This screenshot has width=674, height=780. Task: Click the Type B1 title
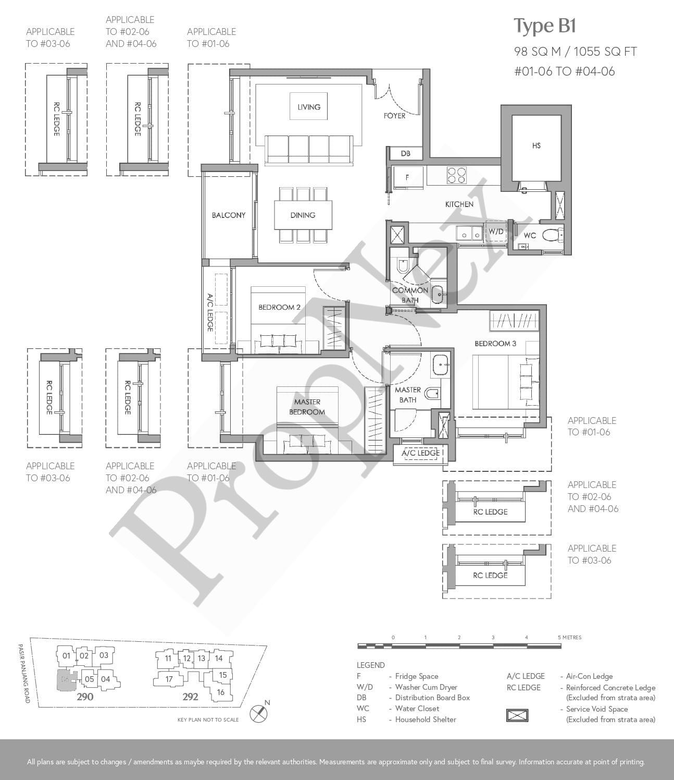tap(545, 27)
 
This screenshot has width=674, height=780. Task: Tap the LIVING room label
tap(309, 107)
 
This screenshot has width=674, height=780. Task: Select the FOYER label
tap(394, 116)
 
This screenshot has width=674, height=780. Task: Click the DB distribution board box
tap(406, 154)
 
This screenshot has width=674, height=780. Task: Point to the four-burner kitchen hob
tap(457, 175)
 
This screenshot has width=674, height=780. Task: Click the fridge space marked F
tap(407, 177)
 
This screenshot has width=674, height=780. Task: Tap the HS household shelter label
tap(536, 145)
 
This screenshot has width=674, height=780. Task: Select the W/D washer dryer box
tap(496, 231)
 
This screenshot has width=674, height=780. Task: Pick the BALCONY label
tap(229, 215)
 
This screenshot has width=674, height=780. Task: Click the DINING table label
tap(303, 215)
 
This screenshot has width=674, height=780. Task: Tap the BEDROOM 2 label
tap(279, 307)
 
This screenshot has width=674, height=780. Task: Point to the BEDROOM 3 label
tap(495, 344)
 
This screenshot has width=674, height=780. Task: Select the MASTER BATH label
tap(407, 395)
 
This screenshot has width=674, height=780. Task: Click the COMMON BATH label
tap(410, 295)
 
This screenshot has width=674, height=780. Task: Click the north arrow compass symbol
tap(259, 712)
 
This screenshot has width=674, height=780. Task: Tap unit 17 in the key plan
tap(169, 679)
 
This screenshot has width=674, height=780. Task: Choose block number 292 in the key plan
tap(190, 697)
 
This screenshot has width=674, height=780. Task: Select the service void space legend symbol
tap(517, 715)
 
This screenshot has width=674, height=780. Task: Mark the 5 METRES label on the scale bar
tap(570, 637)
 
